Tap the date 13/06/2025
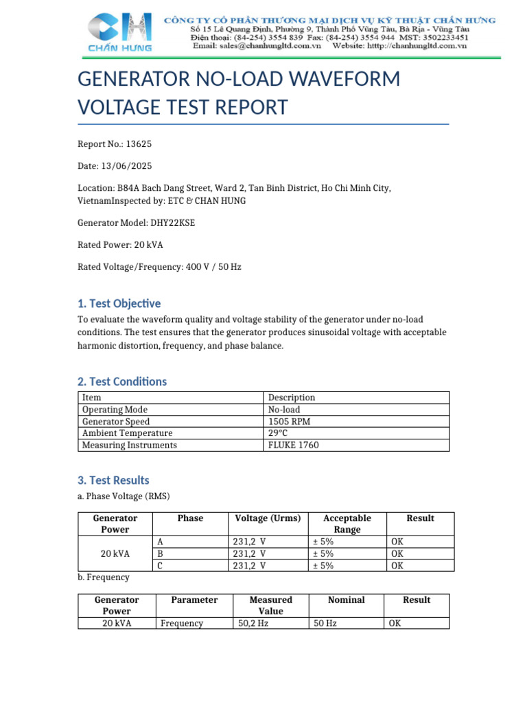pyautogui.click(x=126, y=166)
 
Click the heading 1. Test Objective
pyautogui.click(x=119, y=303)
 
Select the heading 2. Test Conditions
pyautogui.click(x=122, y=382)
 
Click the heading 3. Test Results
pyautogui.click(x=113, y=481)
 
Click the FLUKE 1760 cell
pyautogui.click(x=294, y=445)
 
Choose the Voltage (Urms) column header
pyautogui.click(x=268, y=518)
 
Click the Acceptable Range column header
pyautogui.click(x=347, y=524)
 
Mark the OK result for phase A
pyautogui.click(x=397, y=542)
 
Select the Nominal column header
pyautogui.click(x=347, y=600)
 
